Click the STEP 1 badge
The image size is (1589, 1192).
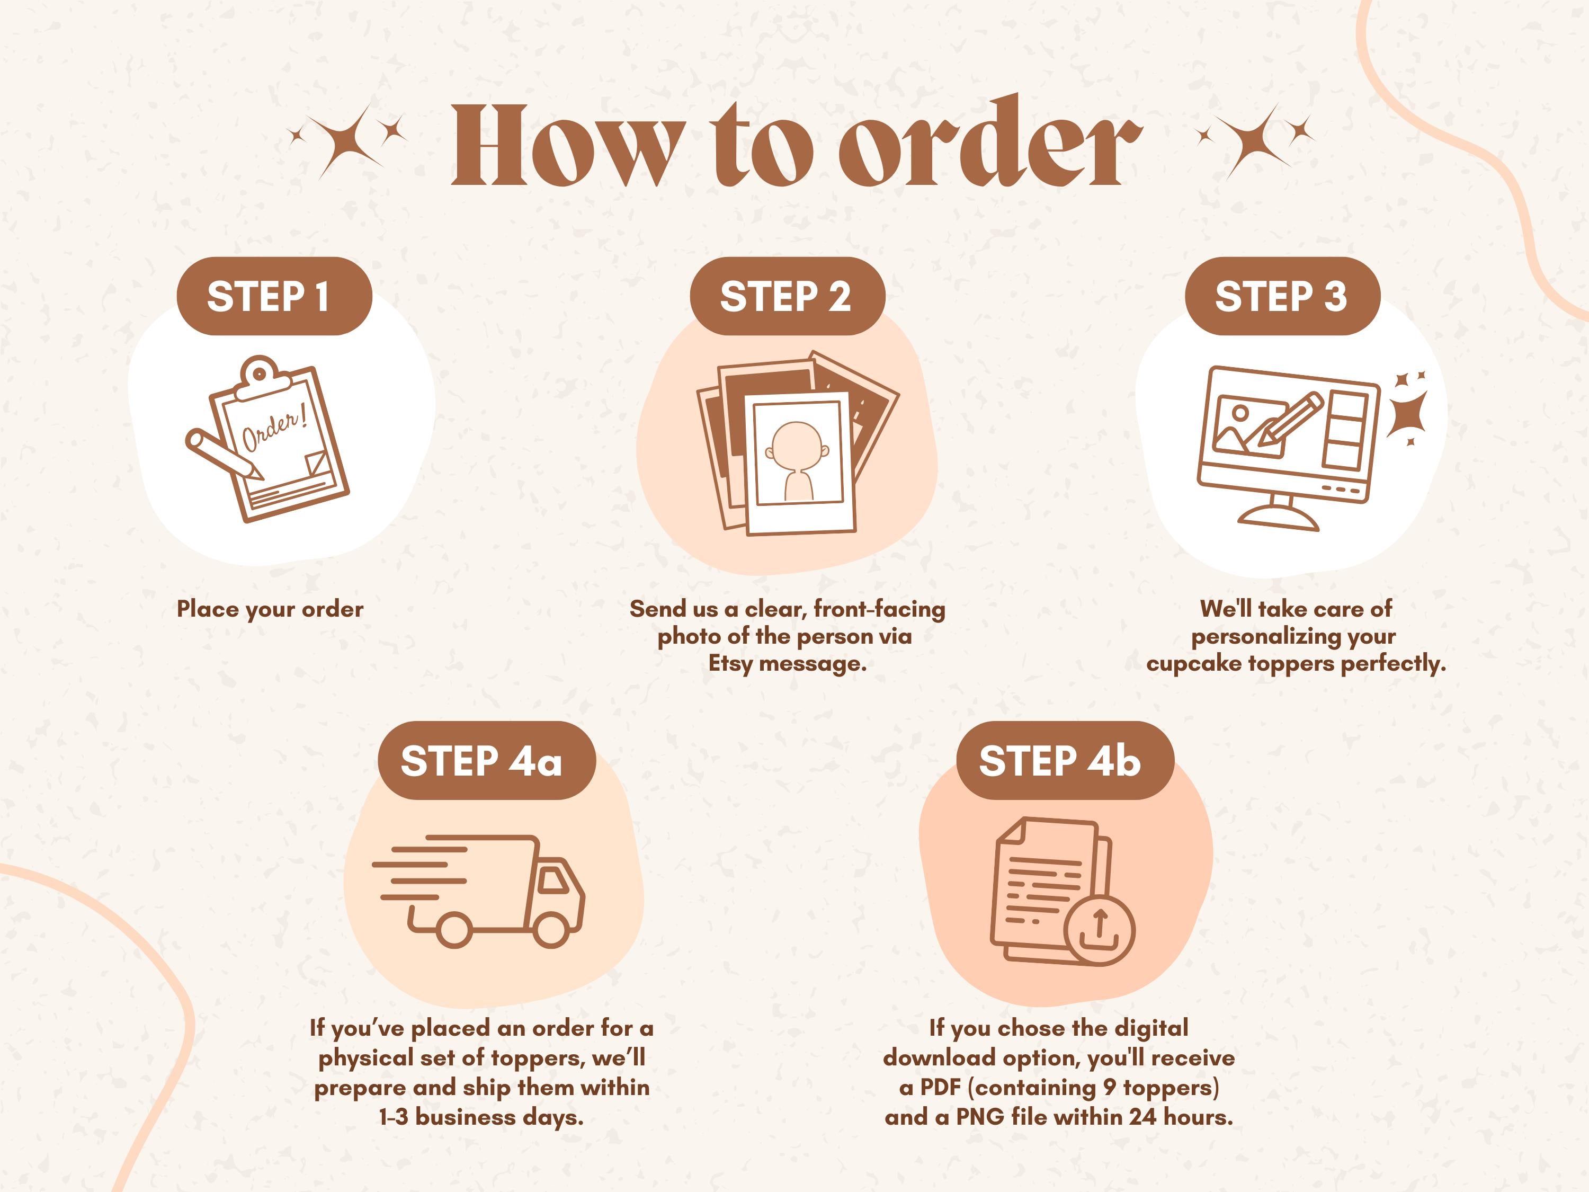pos(274,296)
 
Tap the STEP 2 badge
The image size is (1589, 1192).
pos(787,296)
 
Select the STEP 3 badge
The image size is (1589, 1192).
pos(1282,296)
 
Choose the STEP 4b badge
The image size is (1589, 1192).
pos(1065,761)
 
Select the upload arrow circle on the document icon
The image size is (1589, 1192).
pos(1099,930)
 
